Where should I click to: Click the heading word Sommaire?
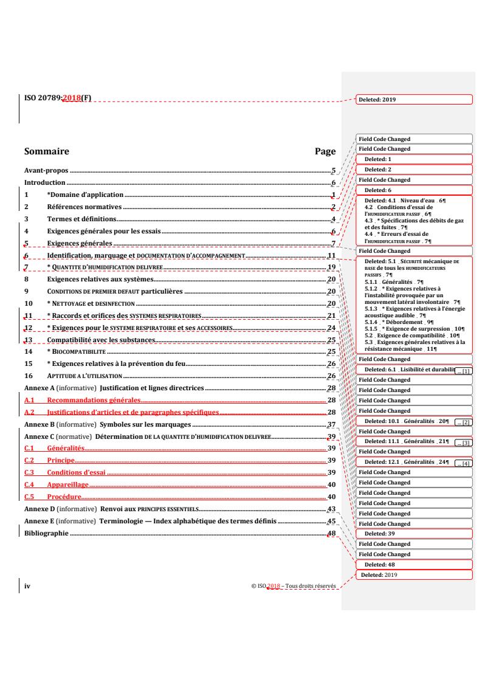coord(46,151)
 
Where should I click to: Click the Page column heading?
coord(325,151)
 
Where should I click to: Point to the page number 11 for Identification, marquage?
coord(331,255)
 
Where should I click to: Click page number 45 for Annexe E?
coord(331,521)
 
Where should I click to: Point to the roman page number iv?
coord(27,586)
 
